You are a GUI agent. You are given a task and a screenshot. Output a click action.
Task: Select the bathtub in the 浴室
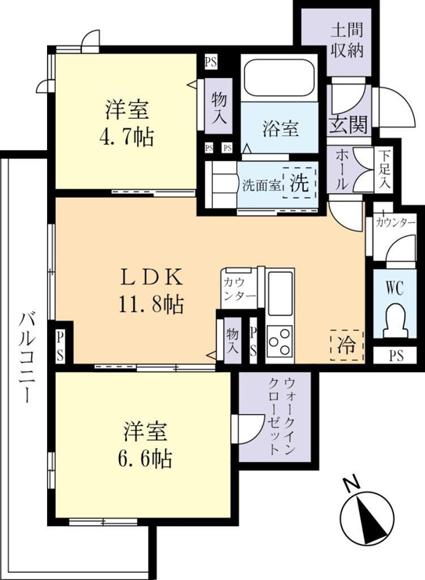(x=279, y=78)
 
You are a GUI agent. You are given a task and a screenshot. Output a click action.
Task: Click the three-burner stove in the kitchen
(x=279, y=341)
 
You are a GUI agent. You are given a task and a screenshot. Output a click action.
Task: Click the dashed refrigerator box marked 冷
(x=347, y=345)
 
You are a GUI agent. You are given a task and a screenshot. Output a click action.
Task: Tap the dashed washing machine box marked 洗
(x=300, y=183)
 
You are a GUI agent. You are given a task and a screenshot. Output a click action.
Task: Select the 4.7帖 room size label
(x=126, y=138)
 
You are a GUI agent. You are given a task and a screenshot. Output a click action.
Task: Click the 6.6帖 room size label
(x=145, y=459)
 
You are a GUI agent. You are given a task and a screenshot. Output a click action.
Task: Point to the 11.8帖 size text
(x=151, y=305)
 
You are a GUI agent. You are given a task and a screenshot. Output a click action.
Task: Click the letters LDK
(x=151, y=277)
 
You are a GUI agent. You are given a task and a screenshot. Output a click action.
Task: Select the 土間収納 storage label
(x=347, y=41)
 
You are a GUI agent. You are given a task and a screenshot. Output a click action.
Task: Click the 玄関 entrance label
(x=348, y=124)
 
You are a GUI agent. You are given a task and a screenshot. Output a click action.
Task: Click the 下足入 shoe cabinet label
(x=385, y=170)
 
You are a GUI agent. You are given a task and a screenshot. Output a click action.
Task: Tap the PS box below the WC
(x=396, y=356)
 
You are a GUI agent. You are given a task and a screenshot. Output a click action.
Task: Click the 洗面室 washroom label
(x=261, y=185)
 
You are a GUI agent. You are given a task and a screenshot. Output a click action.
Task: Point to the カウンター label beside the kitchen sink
(x=240, y=289)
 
